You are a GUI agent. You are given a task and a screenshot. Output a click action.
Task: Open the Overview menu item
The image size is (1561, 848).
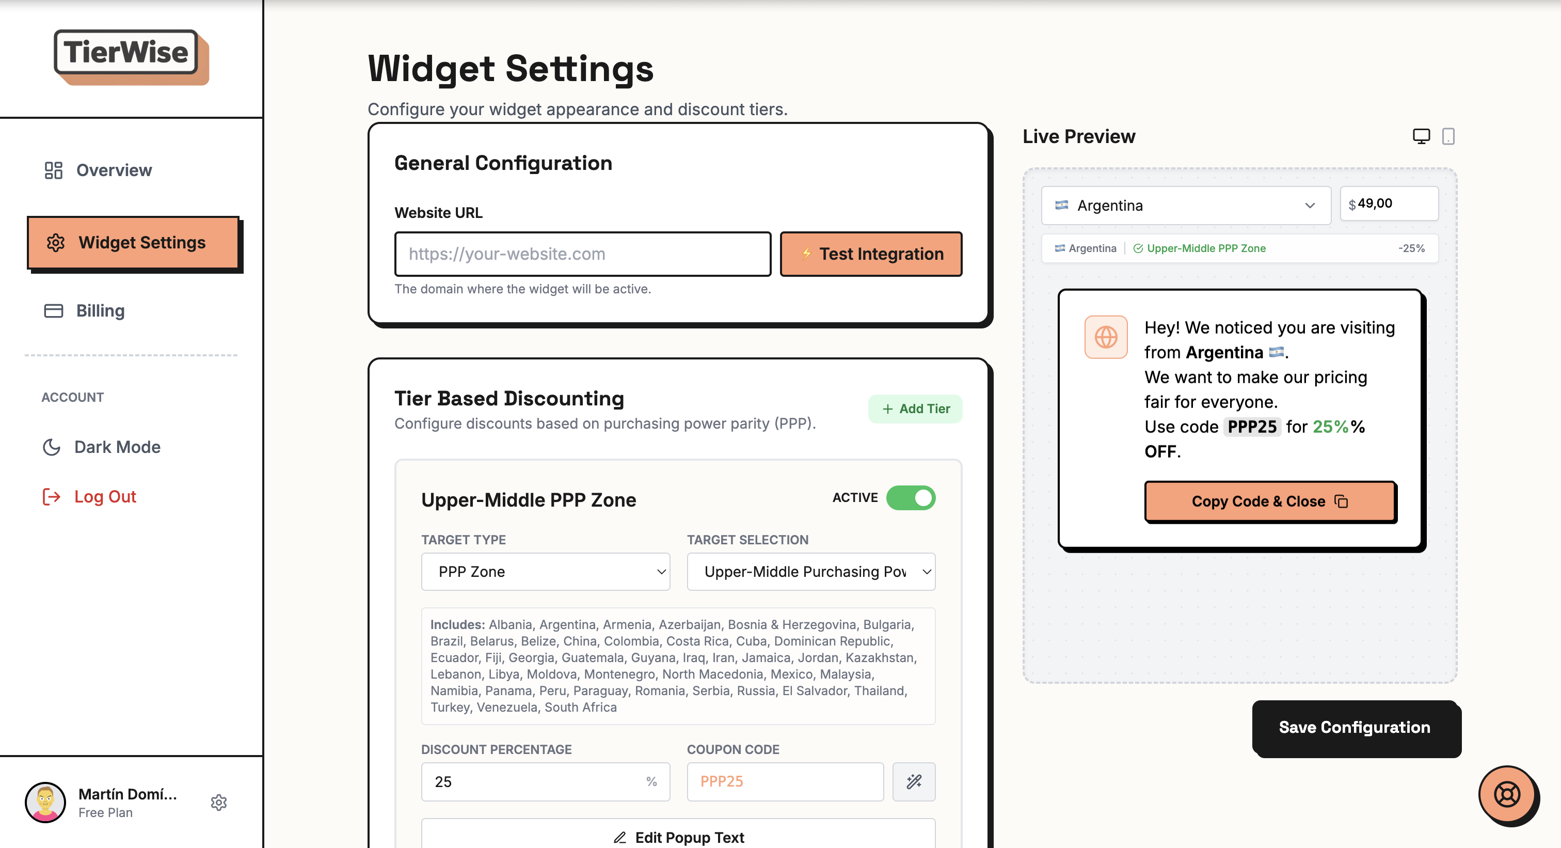(x=114, y=170)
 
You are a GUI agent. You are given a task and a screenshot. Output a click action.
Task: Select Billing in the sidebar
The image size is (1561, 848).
(x=100, y=310)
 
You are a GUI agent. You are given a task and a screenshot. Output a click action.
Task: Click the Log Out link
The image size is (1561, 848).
(x=104, y=496)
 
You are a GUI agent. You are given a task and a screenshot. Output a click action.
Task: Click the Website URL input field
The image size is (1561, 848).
(x=582, y=254)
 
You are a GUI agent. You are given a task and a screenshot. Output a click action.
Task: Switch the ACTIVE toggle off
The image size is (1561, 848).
(x=910, y=498)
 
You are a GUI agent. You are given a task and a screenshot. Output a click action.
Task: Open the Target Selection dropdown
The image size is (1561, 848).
(x=810, y=572)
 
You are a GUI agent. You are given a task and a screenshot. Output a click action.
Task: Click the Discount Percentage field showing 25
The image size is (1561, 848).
(x=536, y=781)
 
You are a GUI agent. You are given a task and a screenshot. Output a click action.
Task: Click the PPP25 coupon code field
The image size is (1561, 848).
(x=784, y=781)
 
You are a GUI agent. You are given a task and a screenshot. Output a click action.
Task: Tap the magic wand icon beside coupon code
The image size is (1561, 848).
(x=913, y=781)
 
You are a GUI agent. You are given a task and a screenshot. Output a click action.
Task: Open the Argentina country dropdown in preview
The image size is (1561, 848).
(x=1185, y=206)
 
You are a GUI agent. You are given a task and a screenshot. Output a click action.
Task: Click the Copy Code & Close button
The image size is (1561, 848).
(x=1269, y=501)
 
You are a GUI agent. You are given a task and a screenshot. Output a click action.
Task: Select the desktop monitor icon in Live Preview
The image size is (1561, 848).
(x=1421, y=136)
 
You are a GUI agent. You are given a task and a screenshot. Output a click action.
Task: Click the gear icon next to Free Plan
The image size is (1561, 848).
(x=219, y=802)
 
